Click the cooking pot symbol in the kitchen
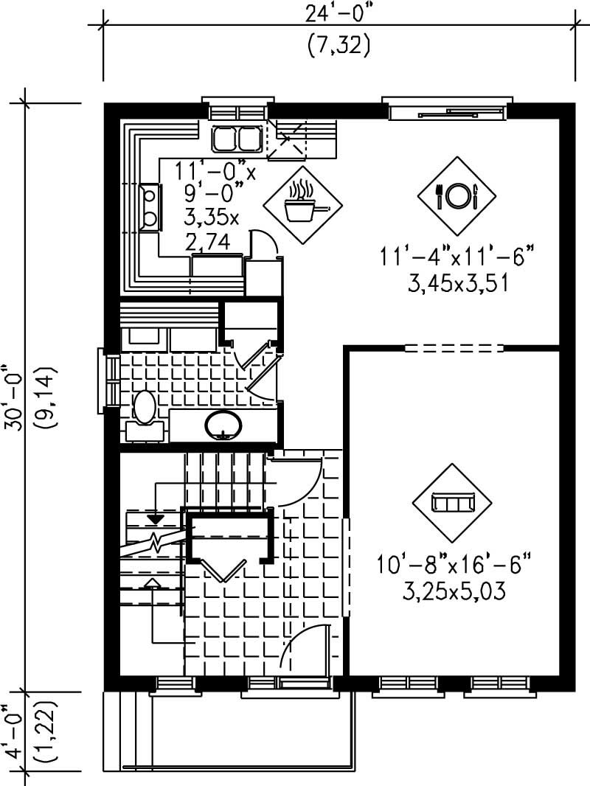point(300,204)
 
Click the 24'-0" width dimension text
point(338,13)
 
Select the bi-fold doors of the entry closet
point(223,568)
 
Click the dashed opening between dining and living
point(454,347)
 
